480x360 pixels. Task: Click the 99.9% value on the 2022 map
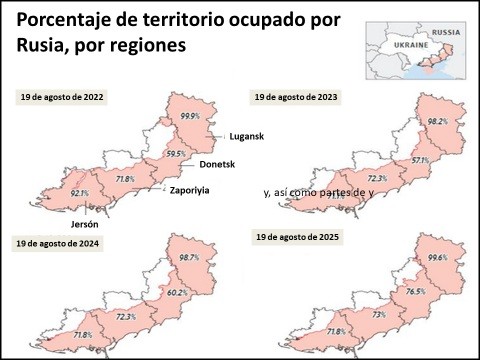[x=190, y=117]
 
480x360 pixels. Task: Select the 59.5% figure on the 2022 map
[x=176, y=153]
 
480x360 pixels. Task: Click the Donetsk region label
[x=217, y=163]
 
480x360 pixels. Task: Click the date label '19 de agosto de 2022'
[x=62, y=97]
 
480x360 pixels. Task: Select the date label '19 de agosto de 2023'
[x=295, y=97]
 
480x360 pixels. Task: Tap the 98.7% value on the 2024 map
[x=189, y=258]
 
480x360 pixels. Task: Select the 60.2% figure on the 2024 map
[x=176, y=293]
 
